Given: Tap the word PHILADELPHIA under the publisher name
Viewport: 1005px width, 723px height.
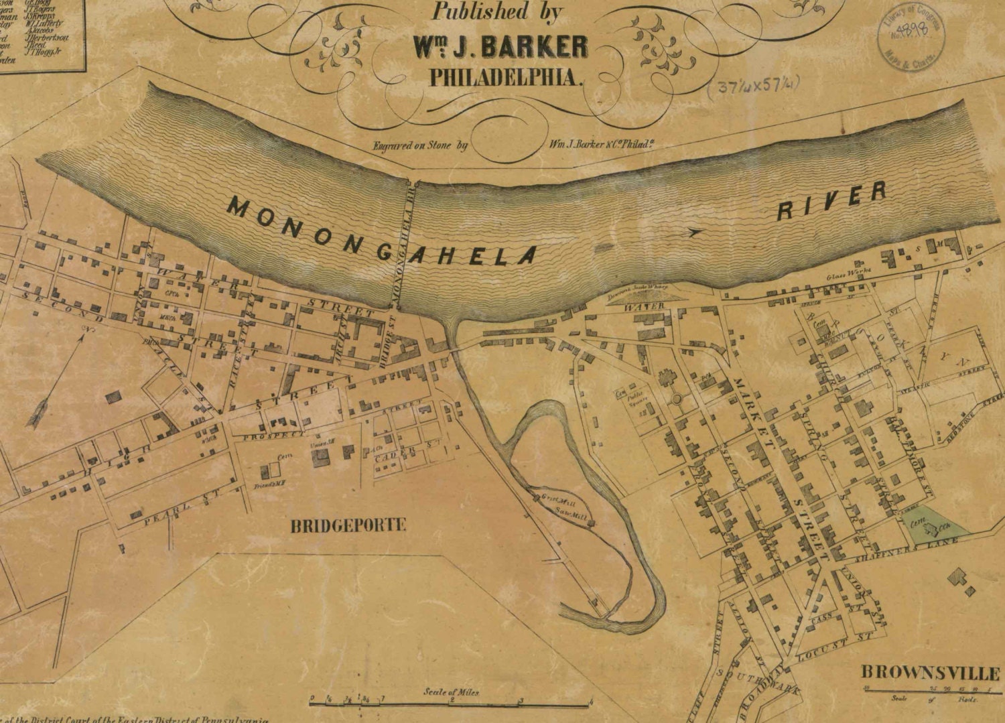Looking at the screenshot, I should (x=503, y=77).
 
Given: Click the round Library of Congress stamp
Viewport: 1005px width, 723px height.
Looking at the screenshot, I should (x=912, y=40).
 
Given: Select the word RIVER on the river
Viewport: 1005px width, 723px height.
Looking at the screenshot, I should (x=831, y=200).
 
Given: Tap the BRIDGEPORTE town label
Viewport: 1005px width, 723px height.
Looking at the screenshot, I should (x=348, y=525).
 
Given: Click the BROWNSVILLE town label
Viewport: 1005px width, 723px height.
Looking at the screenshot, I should (x=929, y=672).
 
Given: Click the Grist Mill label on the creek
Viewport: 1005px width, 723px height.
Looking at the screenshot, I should (x=555, y=499).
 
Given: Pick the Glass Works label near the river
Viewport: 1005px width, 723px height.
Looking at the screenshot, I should (x=850, y=272).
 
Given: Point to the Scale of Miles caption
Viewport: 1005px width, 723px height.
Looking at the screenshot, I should (x=451, y=692).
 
